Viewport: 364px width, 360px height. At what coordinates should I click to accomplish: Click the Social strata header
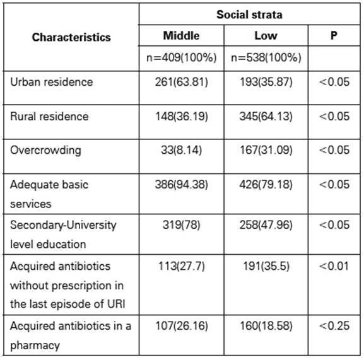(x=249, y=15)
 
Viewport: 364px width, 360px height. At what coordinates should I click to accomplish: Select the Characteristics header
(x=71, y=37)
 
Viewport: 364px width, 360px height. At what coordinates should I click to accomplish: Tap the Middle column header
(x=181, y=36)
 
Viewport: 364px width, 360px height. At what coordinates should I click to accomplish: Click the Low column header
(x=266, y=36)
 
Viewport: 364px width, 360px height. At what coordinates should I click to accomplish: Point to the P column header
(x=334, y=35)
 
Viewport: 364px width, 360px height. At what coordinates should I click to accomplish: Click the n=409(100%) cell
(x=181, y=57)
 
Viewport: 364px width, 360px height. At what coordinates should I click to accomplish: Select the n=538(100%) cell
(x=266, y=57)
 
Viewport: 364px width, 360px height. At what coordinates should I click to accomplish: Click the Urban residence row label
(x=51, y=82)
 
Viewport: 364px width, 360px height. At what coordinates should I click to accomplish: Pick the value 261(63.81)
(x=181, y=82)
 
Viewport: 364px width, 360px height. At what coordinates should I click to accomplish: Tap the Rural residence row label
(x=49, y=116)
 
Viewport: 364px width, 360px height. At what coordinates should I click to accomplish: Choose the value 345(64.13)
(x=266, y=116)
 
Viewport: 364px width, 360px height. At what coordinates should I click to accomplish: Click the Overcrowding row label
(x=45, y=150)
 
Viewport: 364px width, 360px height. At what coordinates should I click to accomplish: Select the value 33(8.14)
(x=181, y=150)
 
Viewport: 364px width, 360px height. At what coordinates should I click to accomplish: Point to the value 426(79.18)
(x=266, y=185)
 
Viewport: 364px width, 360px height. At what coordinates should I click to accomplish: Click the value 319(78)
(x=181, y=225)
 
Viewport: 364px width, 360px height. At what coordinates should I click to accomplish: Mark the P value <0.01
(x=334, y=266)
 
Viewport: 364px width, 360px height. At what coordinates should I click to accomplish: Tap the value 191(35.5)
(x=266, y=266)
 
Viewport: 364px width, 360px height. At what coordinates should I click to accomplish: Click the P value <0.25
(x=334, y=326)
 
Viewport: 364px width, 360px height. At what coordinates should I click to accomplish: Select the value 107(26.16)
(x=181, y=326)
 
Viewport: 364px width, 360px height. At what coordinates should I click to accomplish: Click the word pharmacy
(x=35, y=345)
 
